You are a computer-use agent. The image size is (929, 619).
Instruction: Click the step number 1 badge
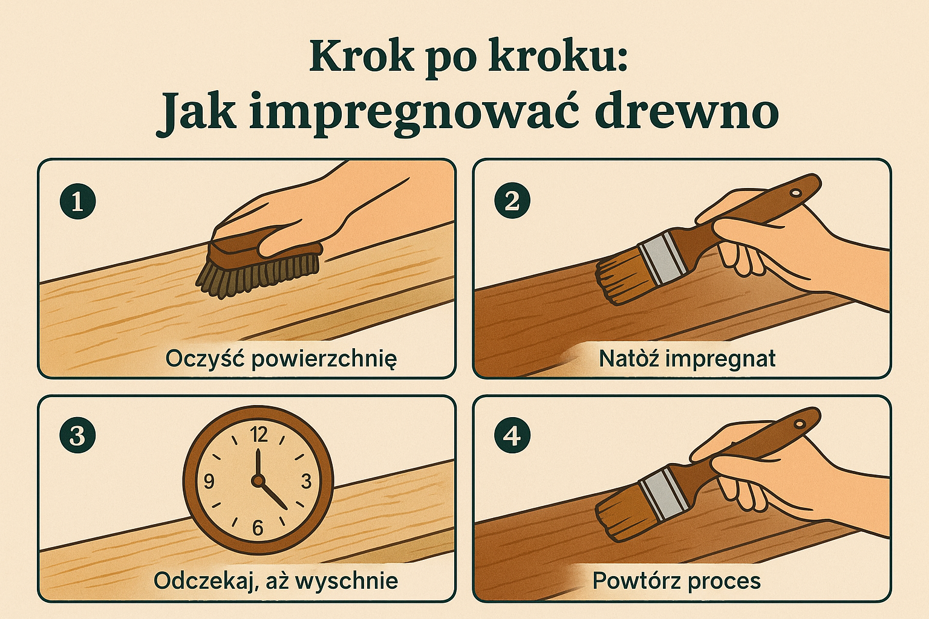77,201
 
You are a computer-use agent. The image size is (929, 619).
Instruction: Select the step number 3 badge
77,435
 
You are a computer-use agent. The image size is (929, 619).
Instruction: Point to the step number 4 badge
512,435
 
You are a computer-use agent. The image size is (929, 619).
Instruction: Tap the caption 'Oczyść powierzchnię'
281,358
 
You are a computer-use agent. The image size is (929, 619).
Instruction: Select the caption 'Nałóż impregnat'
687,358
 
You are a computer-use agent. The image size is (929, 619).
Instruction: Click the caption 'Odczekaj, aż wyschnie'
276,581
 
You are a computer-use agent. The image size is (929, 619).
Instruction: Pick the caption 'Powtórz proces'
676,581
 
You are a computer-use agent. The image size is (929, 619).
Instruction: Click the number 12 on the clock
259,435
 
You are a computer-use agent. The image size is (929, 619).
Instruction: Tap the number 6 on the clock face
258,528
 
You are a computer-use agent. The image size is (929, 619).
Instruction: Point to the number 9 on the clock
209,482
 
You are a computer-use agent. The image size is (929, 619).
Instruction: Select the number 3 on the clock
306,482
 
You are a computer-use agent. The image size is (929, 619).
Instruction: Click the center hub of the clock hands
258,481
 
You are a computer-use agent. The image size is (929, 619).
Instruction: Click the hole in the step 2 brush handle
796,192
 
